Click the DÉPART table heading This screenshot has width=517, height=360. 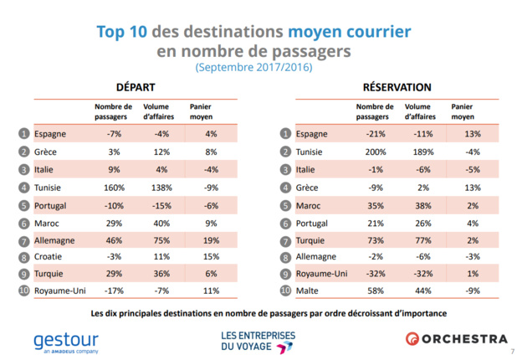[135, 87]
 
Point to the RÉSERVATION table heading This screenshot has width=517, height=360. [397, 87]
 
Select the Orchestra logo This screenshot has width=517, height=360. [457, 338]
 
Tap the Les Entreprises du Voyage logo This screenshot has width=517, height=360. [258, 340]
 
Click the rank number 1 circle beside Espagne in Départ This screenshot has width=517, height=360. [25, 134]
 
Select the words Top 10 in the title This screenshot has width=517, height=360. [125, 33]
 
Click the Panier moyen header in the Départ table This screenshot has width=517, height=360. [202, 112]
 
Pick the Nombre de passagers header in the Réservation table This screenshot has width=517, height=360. [374, 112]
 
